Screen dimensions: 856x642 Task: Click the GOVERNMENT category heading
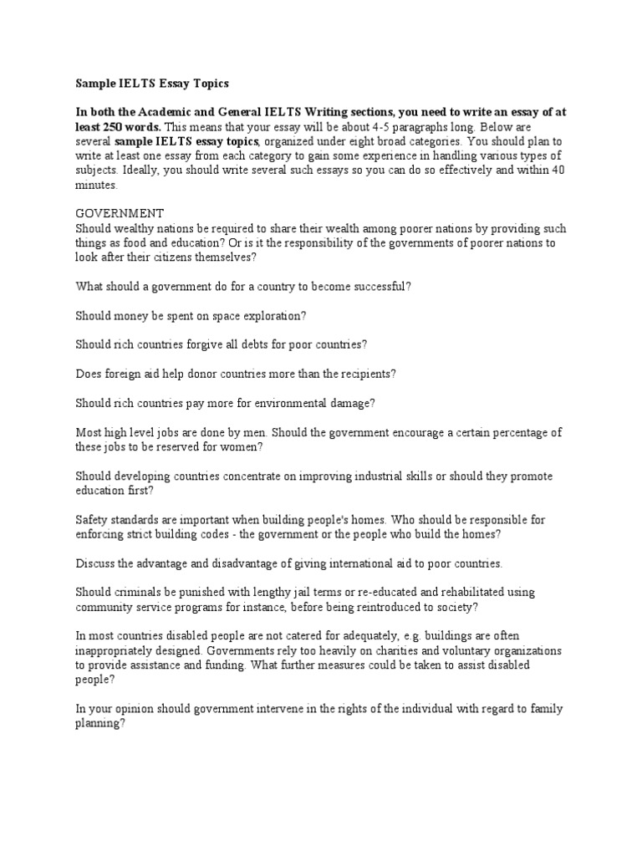coord(120,213)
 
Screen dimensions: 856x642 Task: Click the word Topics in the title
coord(210,84)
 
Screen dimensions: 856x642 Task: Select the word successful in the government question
coord(380,287)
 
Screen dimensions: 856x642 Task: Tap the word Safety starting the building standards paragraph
coord(92,520)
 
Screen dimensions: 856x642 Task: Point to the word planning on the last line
coord(99,724)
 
